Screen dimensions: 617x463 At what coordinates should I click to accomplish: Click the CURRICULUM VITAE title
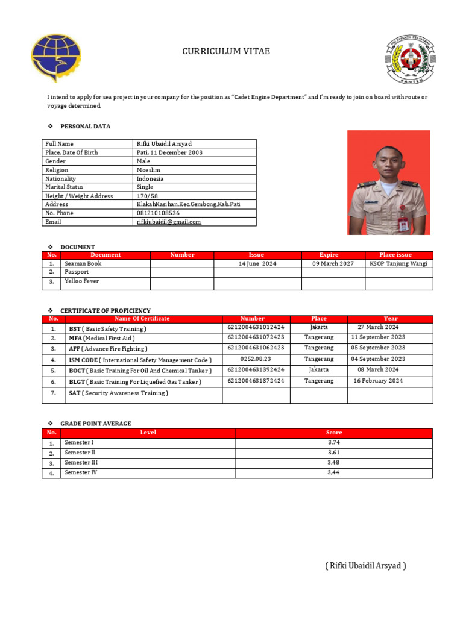click(226, 52)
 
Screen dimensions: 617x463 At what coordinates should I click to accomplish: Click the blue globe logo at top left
click(55, 58)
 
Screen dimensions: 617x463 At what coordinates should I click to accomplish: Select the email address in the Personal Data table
click(169, 222)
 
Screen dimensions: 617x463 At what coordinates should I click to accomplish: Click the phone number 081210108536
click(158, 213)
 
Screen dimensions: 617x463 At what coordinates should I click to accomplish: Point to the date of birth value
click(168, 152)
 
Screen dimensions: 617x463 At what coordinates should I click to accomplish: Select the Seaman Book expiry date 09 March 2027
click(333, 264)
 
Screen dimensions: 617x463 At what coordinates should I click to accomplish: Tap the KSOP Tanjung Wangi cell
click(398, 264)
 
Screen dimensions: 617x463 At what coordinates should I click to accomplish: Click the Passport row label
click(77, 272)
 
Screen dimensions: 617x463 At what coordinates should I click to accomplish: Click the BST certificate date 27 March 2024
click(378, 327)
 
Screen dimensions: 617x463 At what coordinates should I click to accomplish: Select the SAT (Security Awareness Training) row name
click(118, 393)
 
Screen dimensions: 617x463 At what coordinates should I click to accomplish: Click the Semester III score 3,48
click(333, 463)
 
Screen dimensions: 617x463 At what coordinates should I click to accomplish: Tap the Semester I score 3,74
click(333, 443)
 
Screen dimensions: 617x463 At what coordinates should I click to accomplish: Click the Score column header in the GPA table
click(333, 433)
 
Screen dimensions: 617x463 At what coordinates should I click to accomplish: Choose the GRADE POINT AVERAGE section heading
click(95, 424)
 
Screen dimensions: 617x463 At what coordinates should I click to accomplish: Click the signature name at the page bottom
click(365, 566)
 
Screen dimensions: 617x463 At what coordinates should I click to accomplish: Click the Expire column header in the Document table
click(329, 255)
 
